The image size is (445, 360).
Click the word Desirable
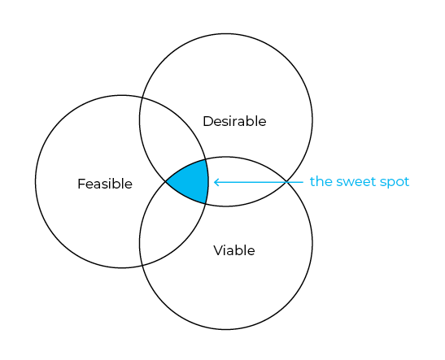click(234, 121)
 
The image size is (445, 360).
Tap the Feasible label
click(105, 184)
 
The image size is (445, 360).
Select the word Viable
click(234, 250)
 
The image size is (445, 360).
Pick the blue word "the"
click(321, 181)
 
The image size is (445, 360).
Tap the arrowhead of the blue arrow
click(215, 182)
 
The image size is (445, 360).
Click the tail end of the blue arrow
click(303, 182)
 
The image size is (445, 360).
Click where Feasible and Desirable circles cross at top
click(142, 98)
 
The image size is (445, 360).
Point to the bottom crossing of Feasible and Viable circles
click(142, 266)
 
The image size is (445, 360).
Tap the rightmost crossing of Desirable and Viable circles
click(287, 181)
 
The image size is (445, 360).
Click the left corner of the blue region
click(166, 181)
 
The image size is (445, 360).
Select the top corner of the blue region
click(206, 160)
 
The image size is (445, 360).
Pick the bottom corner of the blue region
click(206, 203)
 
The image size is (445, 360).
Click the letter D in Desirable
click(208, 121)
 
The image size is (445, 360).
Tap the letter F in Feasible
click(81, 184)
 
